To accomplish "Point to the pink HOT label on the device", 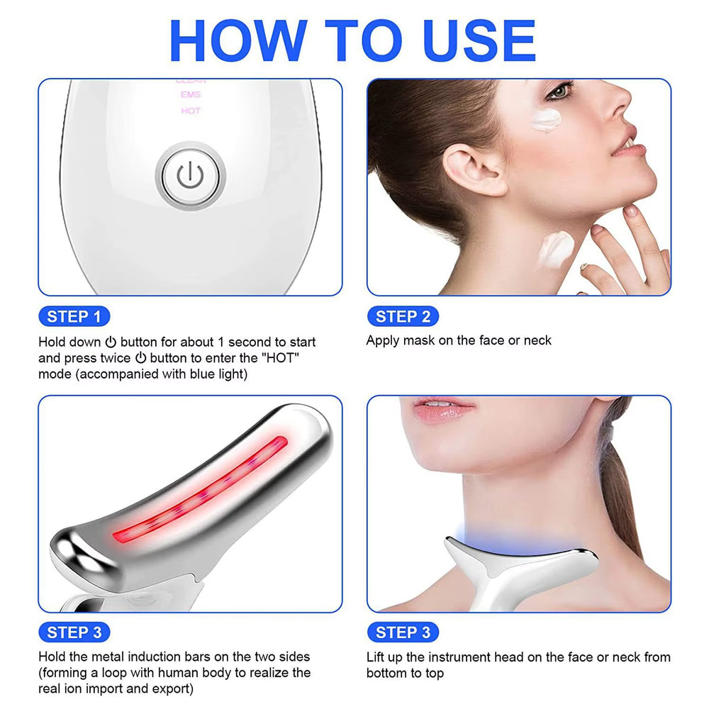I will (x=191, y=111).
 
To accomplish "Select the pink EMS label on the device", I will (x=191, y=94).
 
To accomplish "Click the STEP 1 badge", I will (x=74, y=316).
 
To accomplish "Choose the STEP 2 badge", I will (x=403, y=316).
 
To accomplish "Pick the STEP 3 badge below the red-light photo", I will (x=74, y=632).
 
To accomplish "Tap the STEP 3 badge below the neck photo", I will (x=403, y=632).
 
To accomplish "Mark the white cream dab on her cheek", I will (x=547, y=119).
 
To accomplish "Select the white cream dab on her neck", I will (x=557, y=248).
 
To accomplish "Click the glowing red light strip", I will (x=199, y=489).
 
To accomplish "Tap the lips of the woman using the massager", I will (x=443, y=409).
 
